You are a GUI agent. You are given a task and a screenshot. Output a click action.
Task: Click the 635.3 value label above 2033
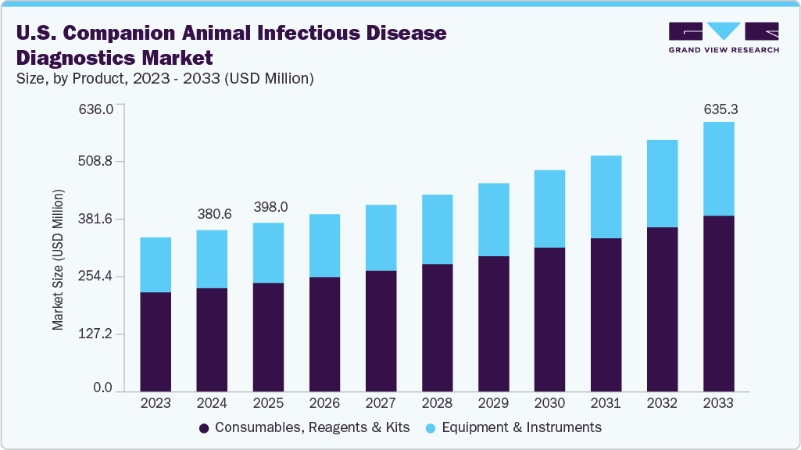click(721, 110)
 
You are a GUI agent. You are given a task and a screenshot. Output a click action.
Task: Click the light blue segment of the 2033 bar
click(718, 168)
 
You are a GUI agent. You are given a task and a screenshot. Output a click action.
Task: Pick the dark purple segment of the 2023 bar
click(156, 341)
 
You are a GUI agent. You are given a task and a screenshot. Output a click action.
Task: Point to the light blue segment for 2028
click(437, 229)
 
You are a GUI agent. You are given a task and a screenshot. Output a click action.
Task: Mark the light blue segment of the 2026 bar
click(324, 245)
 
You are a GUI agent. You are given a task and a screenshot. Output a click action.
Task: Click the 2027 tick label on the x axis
click(381, 403)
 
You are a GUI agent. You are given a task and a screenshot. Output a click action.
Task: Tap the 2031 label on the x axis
click(606, 403)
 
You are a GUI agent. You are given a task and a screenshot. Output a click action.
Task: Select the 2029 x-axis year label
click(493, 403)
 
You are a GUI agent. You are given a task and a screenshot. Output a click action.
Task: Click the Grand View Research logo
click(724, 37)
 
